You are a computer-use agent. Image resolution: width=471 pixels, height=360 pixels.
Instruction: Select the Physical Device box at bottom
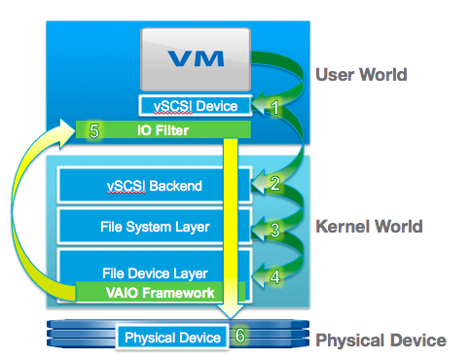coord(171,338)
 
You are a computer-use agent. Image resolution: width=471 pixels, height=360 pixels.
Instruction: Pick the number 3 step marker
coord(274,231)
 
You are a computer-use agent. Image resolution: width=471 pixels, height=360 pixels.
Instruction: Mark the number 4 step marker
coord(274,276)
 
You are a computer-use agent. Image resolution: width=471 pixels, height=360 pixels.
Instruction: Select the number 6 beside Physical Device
coord(240,336)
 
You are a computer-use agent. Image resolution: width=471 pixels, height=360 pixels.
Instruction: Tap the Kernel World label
coord(370,227)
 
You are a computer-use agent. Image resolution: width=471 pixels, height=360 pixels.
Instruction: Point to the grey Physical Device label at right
coord(380,341)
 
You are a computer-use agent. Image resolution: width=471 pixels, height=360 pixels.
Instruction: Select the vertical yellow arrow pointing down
coord(232,234)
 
